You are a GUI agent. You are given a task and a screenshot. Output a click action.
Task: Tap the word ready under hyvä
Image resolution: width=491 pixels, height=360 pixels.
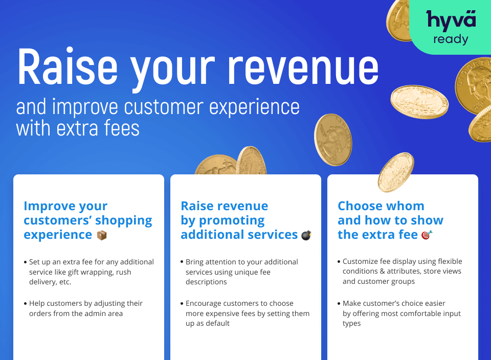(451, 39)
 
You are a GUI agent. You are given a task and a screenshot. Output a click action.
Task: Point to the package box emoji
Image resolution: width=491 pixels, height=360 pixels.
(102, 235)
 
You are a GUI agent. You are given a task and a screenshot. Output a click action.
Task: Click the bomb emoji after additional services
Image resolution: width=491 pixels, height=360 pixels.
(306, 235)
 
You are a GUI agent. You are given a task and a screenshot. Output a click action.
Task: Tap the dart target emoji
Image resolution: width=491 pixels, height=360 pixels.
(427, 235)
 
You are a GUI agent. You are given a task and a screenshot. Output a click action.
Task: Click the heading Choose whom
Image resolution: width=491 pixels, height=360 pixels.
(381, 206)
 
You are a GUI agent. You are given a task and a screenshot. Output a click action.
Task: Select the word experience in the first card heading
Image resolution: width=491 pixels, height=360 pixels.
(58, 235)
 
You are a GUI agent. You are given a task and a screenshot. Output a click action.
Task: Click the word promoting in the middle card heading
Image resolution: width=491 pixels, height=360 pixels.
(232, 220)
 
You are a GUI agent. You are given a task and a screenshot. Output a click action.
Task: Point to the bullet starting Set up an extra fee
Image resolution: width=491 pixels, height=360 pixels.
(91, 272)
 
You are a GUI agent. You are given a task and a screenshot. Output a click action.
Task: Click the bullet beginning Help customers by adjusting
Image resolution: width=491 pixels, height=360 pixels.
(85, 308)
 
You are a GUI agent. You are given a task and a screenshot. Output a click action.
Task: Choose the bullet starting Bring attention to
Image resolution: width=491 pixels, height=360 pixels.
(241, 272)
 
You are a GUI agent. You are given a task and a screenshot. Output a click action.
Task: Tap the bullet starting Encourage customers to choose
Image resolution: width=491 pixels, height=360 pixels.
(247, 313)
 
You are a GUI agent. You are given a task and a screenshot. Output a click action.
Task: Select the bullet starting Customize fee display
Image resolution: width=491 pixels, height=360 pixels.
(401, 271)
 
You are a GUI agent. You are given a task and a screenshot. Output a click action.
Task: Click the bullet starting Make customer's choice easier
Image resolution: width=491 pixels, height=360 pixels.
(401, 313)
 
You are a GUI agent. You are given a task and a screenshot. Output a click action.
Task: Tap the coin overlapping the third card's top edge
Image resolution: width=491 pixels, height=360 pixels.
(395, 172)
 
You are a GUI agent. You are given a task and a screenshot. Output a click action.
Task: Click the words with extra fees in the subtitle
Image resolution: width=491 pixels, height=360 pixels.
(78, 127)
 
